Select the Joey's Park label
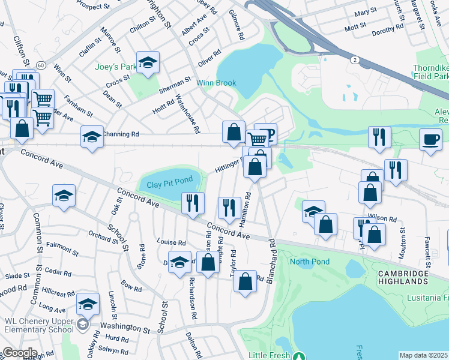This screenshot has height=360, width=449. coord(116,67)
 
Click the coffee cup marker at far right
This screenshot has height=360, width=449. coord(430,140)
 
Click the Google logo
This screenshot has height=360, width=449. coord(19,353)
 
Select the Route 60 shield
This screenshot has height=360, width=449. coord(40,64)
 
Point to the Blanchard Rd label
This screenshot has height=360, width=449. coord(271,253)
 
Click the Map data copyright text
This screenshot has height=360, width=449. coord(424,355)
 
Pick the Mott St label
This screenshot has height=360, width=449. coord(355,26)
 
